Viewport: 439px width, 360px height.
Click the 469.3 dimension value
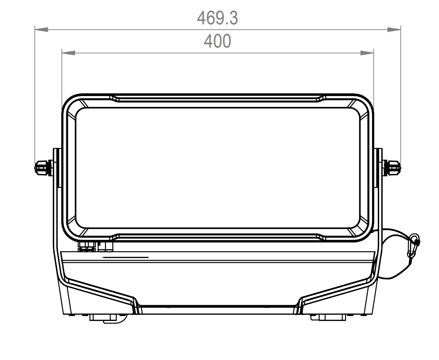(217, 18)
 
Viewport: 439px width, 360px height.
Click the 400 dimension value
(217, 41)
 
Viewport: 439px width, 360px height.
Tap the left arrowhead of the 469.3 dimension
(42, 30)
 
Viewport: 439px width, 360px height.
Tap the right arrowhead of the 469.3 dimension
(394, 30)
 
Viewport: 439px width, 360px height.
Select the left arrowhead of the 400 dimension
(69, 53)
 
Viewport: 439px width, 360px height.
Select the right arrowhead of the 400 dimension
(367, 53)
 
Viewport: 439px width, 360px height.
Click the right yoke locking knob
(392, 168)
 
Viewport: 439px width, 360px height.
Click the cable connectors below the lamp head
(95, 247)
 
